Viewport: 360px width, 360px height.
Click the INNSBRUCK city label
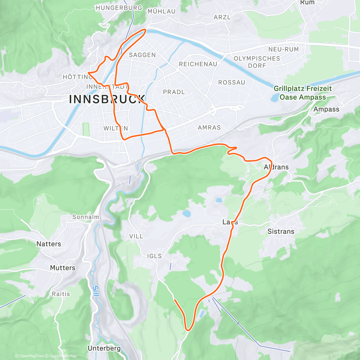[x=107, y=99]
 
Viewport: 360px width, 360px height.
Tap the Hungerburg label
[x=119, y=8]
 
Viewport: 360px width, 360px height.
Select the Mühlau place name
[x=161, y=11]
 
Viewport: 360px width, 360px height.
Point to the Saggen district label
[x=142, y=55]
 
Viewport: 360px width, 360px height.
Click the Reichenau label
[x=198, y=64]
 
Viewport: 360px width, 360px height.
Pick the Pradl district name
[x=174, y=92]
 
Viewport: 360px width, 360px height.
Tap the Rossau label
[x=231, y=82]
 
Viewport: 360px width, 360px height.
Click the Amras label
[x=209, y=128]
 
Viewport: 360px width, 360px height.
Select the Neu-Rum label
[x=283, y=49]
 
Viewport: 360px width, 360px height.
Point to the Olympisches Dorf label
[x=257, y=62]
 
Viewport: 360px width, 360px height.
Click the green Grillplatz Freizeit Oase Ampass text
[x=302, y=93]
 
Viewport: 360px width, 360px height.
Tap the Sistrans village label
[x=281, y=231]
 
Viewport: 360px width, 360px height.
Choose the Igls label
[x=154, y=256]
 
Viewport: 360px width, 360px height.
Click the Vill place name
[x=136, y=236]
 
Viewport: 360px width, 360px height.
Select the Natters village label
[x=49, y=244]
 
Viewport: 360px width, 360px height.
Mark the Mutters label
[x=62, y=268]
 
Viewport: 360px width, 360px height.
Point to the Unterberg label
[x=104, y=348]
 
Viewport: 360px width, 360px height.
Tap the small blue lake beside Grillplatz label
[x=274, y=97]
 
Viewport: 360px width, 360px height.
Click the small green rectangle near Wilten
[x=86, y=130]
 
